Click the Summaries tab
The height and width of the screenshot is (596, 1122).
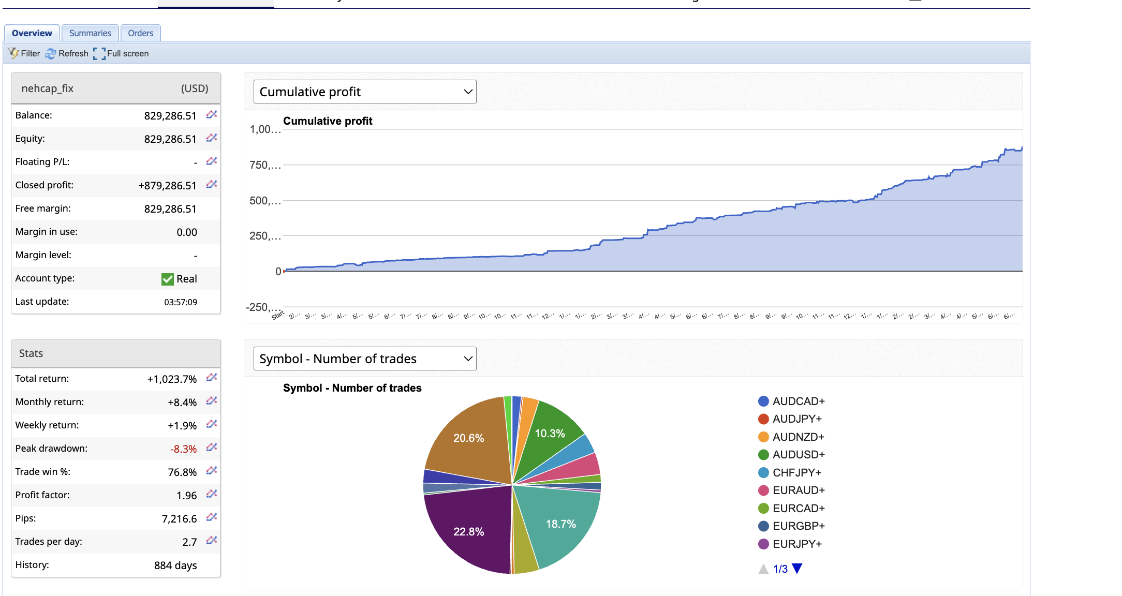(90, 33)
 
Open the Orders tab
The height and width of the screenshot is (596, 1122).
(140, 33)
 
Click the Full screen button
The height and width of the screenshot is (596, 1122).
(122, 53)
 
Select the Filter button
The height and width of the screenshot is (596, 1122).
(24, 53)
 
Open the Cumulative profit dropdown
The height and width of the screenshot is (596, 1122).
(364, 92)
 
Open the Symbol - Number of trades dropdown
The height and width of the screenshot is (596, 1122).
(364, 359)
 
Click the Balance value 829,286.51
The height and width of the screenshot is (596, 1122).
(170, 116)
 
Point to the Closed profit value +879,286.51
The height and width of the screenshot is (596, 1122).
(167, 186)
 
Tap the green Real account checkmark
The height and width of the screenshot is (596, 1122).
(167, 279)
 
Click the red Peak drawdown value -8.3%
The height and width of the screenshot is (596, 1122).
(183, 449)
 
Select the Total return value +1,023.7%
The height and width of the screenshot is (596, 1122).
(172, 379)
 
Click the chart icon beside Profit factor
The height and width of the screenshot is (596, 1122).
(211, 494)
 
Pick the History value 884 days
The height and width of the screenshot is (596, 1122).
(175, 565)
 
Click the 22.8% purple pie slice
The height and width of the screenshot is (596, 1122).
(468, 531)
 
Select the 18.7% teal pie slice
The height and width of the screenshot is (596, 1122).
(560, 524)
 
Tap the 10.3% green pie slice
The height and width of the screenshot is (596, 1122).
(550, 433)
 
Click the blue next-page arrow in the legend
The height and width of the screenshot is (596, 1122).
(797, 569)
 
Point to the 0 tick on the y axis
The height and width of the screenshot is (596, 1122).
(278, 272)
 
